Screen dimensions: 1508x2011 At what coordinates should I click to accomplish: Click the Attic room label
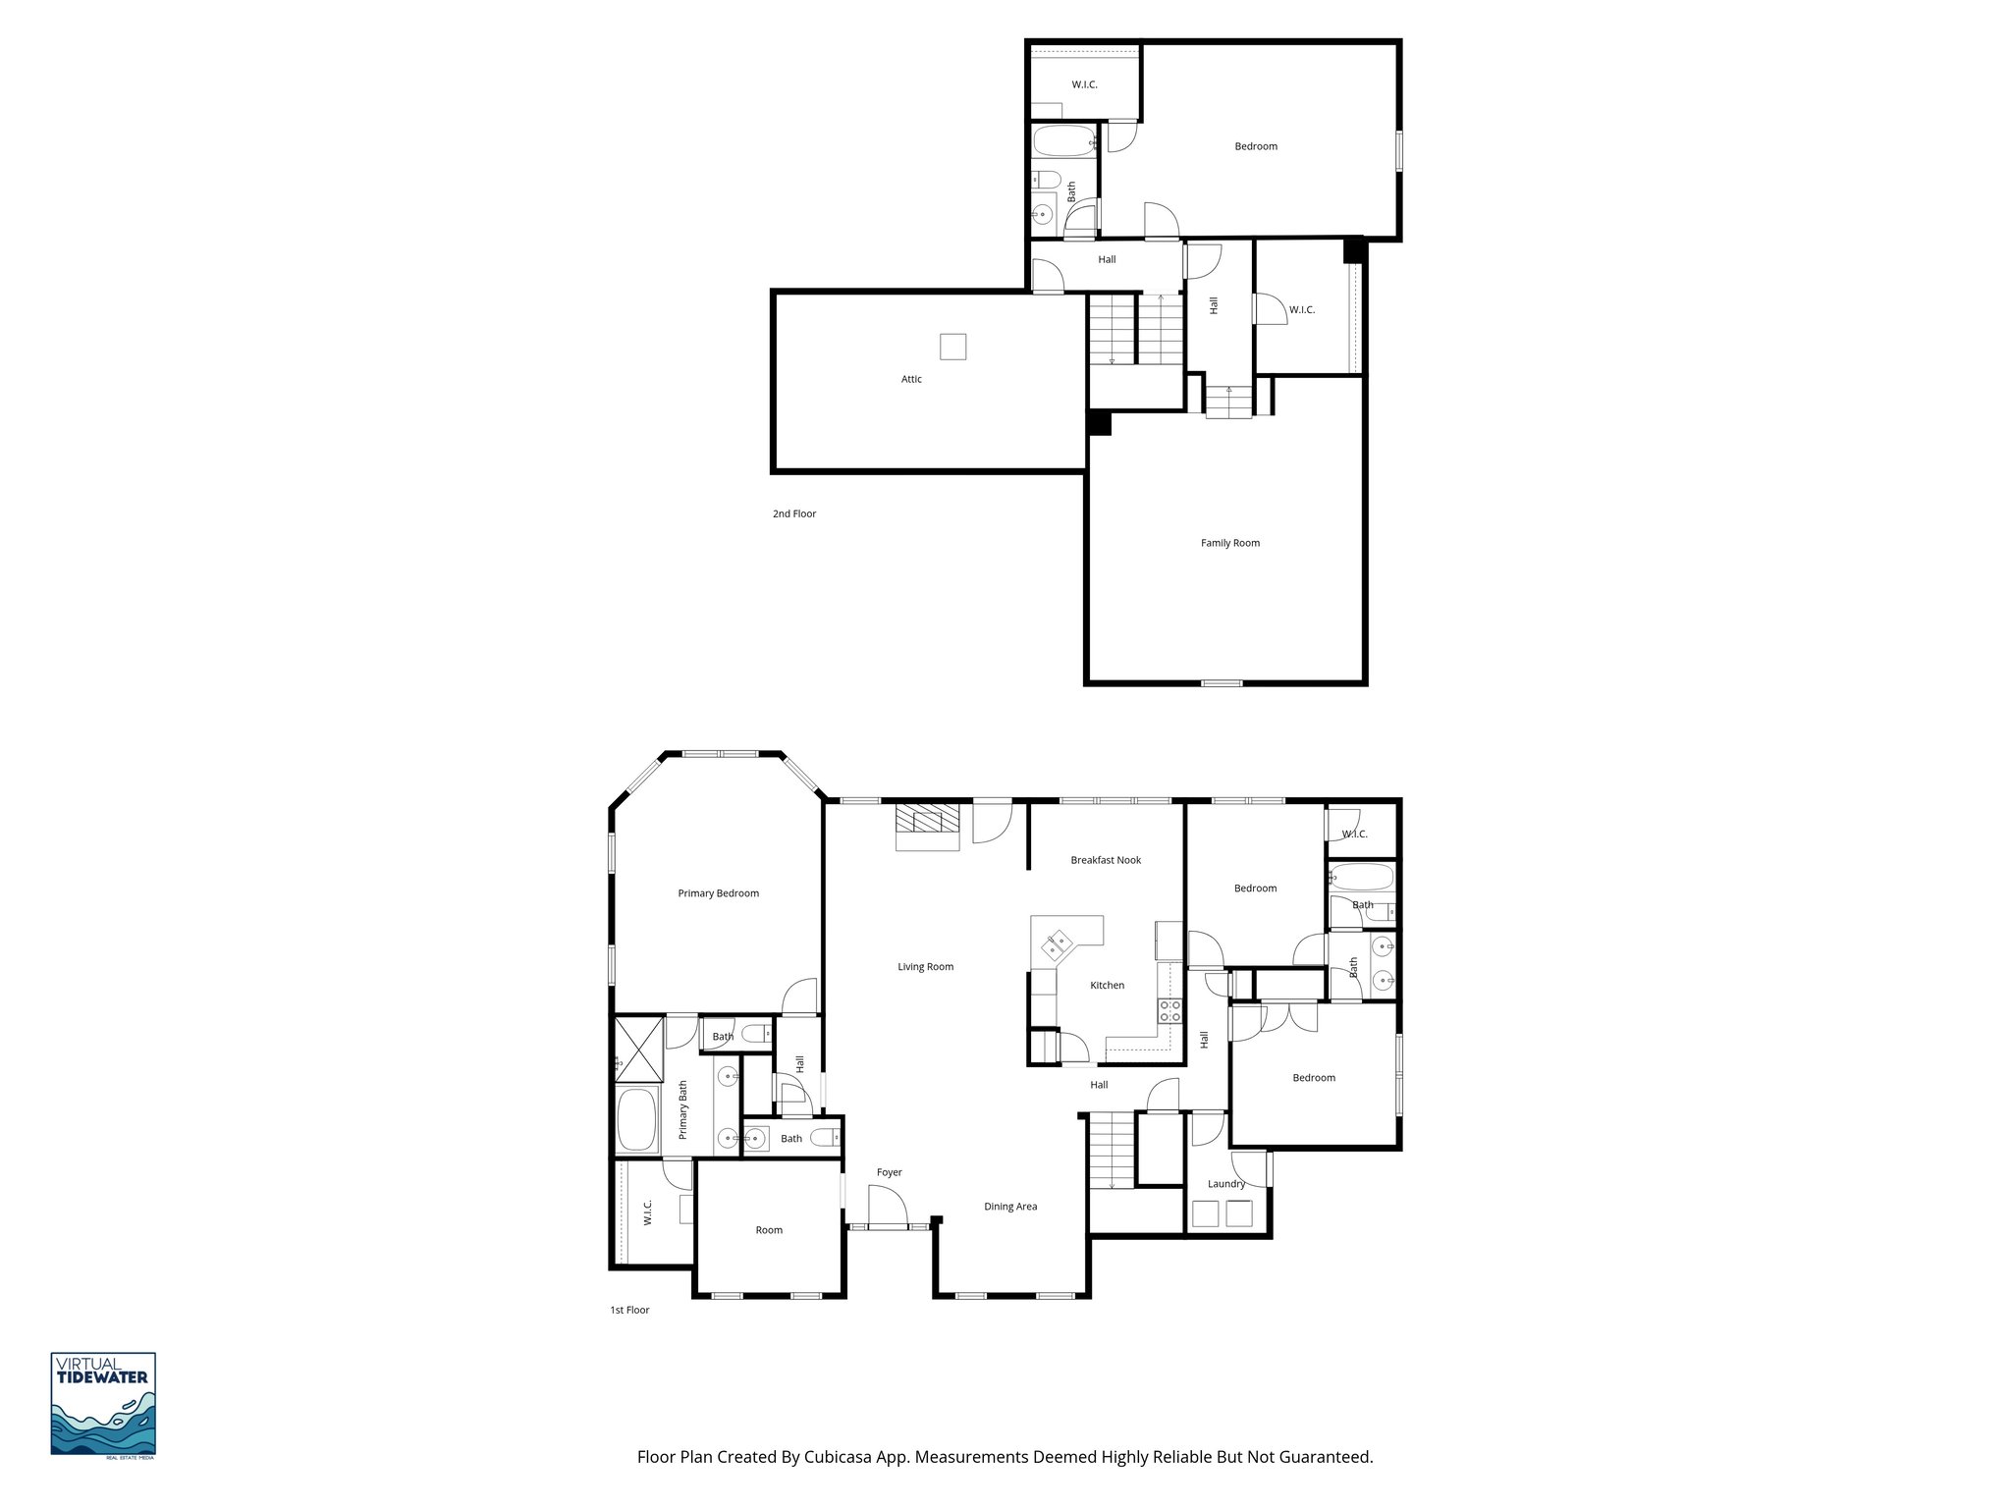tap(911, 379)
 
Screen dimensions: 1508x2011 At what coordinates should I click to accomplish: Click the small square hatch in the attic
tap(952, 347)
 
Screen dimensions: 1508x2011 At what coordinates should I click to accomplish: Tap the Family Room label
tap(1229, 543)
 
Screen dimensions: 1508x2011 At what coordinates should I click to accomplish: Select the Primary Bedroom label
tap(718, 893)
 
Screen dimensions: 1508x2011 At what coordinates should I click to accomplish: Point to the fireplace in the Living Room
tap(927, 827)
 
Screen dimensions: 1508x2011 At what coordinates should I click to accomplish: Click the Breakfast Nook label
tap(1106, 860)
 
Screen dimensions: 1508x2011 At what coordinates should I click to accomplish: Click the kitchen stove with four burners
tap(1169, 1011)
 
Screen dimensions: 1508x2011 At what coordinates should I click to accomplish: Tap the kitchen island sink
tap(1058, 945)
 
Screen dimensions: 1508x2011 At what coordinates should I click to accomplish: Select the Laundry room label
tap(1225, 1184)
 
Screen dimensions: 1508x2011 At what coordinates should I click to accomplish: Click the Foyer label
tap(889, 1172)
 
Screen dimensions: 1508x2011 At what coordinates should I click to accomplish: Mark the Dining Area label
tap(1010, 1207)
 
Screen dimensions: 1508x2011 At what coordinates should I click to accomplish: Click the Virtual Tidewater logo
tap(103, 1404)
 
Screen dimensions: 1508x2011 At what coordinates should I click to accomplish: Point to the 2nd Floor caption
tap(793, 513)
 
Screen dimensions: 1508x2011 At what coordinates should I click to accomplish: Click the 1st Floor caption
tap(629, 1310)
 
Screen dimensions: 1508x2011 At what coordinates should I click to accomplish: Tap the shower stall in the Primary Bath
tap(638, 1048)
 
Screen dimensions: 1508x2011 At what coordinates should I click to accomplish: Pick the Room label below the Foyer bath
tap(769, 1230)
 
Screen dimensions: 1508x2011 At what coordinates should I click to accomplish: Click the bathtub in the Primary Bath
tap(638, 1120)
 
